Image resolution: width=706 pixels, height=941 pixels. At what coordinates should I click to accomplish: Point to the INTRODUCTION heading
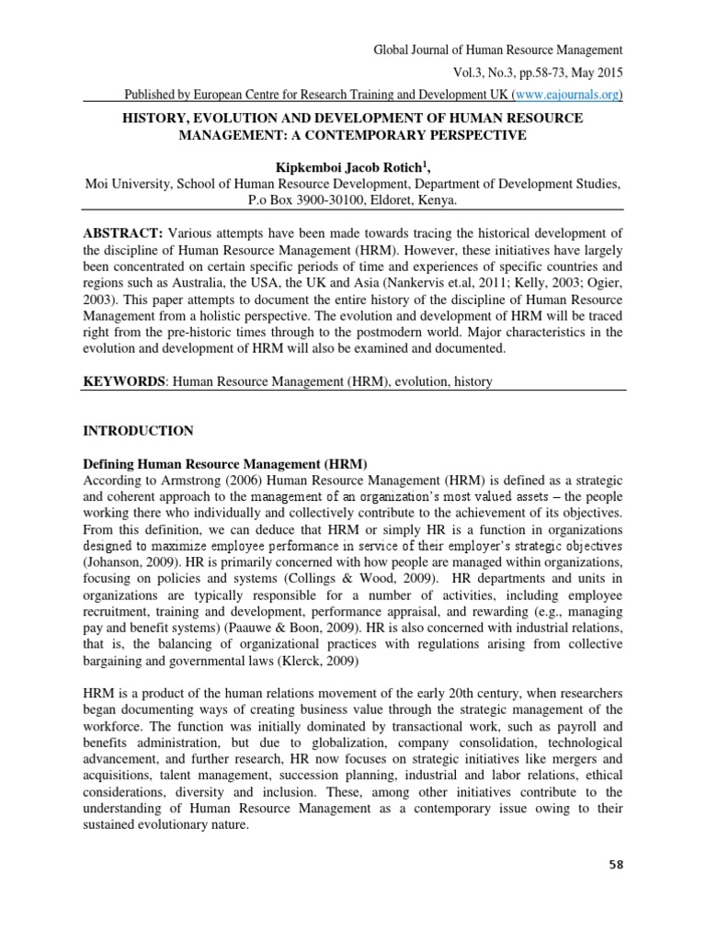138,430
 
